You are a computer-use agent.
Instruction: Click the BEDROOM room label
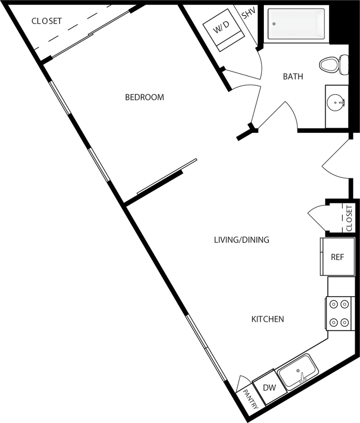pos(144,97)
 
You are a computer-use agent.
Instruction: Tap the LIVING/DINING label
pos(241,240)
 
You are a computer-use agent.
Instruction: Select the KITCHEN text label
pos(267,319)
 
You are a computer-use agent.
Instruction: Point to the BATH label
pos(293,77)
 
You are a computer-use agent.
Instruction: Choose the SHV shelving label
pos(248,14)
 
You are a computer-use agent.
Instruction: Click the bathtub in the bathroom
pos(296,24)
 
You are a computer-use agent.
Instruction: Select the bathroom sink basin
pos(335,104)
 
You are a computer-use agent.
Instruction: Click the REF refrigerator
pos(337,257)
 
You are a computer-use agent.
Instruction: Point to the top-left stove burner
pos(332,304)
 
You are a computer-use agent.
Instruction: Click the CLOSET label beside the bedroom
pos(47,21)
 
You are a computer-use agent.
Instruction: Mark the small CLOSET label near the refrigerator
pos(349,217)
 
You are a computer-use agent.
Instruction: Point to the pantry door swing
pos(243,383)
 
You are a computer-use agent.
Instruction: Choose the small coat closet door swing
pos(317,218)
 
